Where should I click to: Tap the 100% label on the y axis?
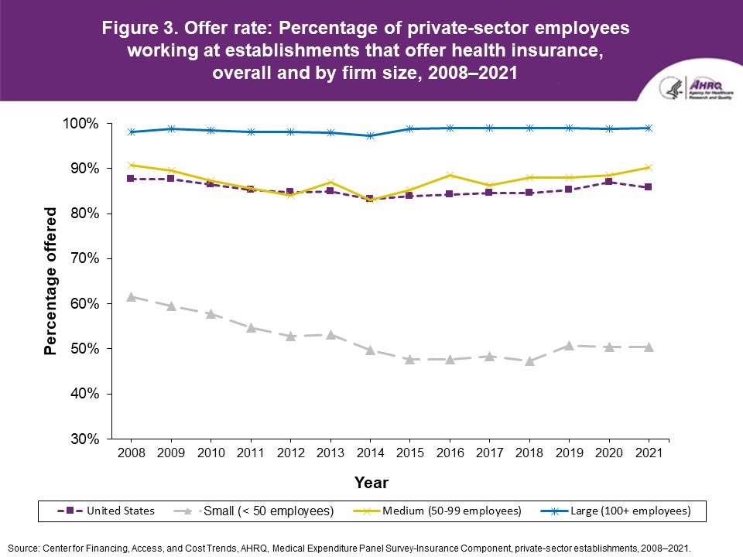[80, 124]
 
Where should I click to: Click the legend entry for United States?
[106, 511]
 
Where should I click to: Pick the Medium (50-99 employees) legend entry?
[451, 511]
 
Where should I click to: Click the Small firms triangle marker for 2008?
[131, 296]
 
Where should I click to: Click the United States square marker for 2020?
[609, 182]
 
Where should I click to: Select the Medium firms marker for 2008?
[131, 165]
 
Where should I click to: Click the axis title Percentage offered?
[51, 281]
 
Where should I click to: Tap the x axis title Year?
[371, 483]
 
